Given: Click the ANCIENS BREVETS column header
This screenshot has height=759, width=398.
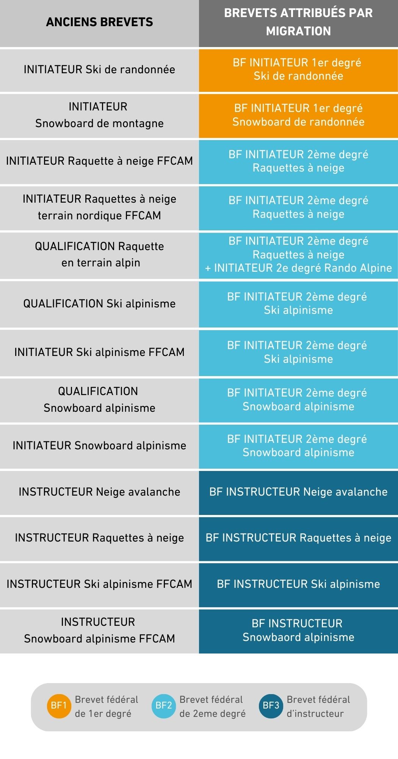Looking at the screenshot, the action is [99, 22].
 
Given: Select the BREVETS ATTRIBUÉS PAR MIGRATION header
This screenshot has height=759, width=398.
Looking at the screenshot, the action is [298, 22].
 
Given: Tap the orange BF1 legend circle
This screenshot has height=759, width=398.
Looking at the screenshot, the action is [59, 705].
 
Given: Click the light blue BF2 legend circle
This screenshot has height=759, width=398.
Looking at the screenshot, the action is [164, 705].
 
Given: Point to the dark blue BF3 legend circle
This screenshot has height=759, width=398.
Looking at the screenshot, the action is [271, 705].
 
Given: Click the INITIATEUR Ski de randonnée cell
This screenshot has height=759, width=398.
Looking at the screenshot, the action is [99, 70].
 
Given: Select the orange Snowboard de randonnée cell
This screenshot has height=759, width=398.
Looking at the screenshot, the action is [298, 115].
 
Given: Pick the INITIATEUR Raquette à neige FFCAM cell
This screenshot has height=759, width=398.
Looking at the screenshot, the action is [99, 161].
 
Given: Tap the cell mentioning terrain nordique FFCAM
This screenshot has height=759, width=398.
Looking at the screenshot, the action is [99, 208].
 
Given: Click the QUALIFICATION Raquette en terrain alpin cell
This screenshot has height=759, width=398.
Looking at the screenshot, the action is [99, 255].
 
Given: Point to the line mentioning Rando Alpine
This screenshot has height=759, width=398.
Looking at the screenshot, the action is [298, 268].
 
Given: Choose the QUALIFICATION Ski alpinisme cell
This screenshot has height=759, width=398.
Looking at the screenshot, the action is [99, 304].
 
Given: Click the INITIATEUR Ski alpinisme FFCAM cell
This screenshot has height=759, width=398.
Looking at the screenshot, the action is [99, 353].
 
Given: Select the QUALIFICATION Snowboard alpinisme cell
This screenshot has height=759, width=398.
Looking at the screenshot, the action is [99, 400].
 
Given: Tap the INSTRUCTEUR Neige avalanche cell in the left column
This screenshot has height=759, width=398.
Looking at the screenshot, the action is [99, 492].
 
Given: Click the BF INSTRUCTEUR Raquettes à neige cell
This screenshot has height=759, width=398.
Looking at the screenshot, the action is [298, 538].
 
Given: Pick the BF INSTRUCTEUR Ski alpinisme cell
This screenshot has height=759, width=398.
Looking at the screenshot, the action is [298, 584].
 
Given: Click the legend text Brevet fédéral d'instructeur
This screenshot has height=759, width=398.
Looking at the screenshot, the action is [318, 706].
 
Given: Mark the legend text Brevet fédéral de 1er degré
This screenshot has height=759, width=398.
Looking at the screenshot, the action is [107, 706].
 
